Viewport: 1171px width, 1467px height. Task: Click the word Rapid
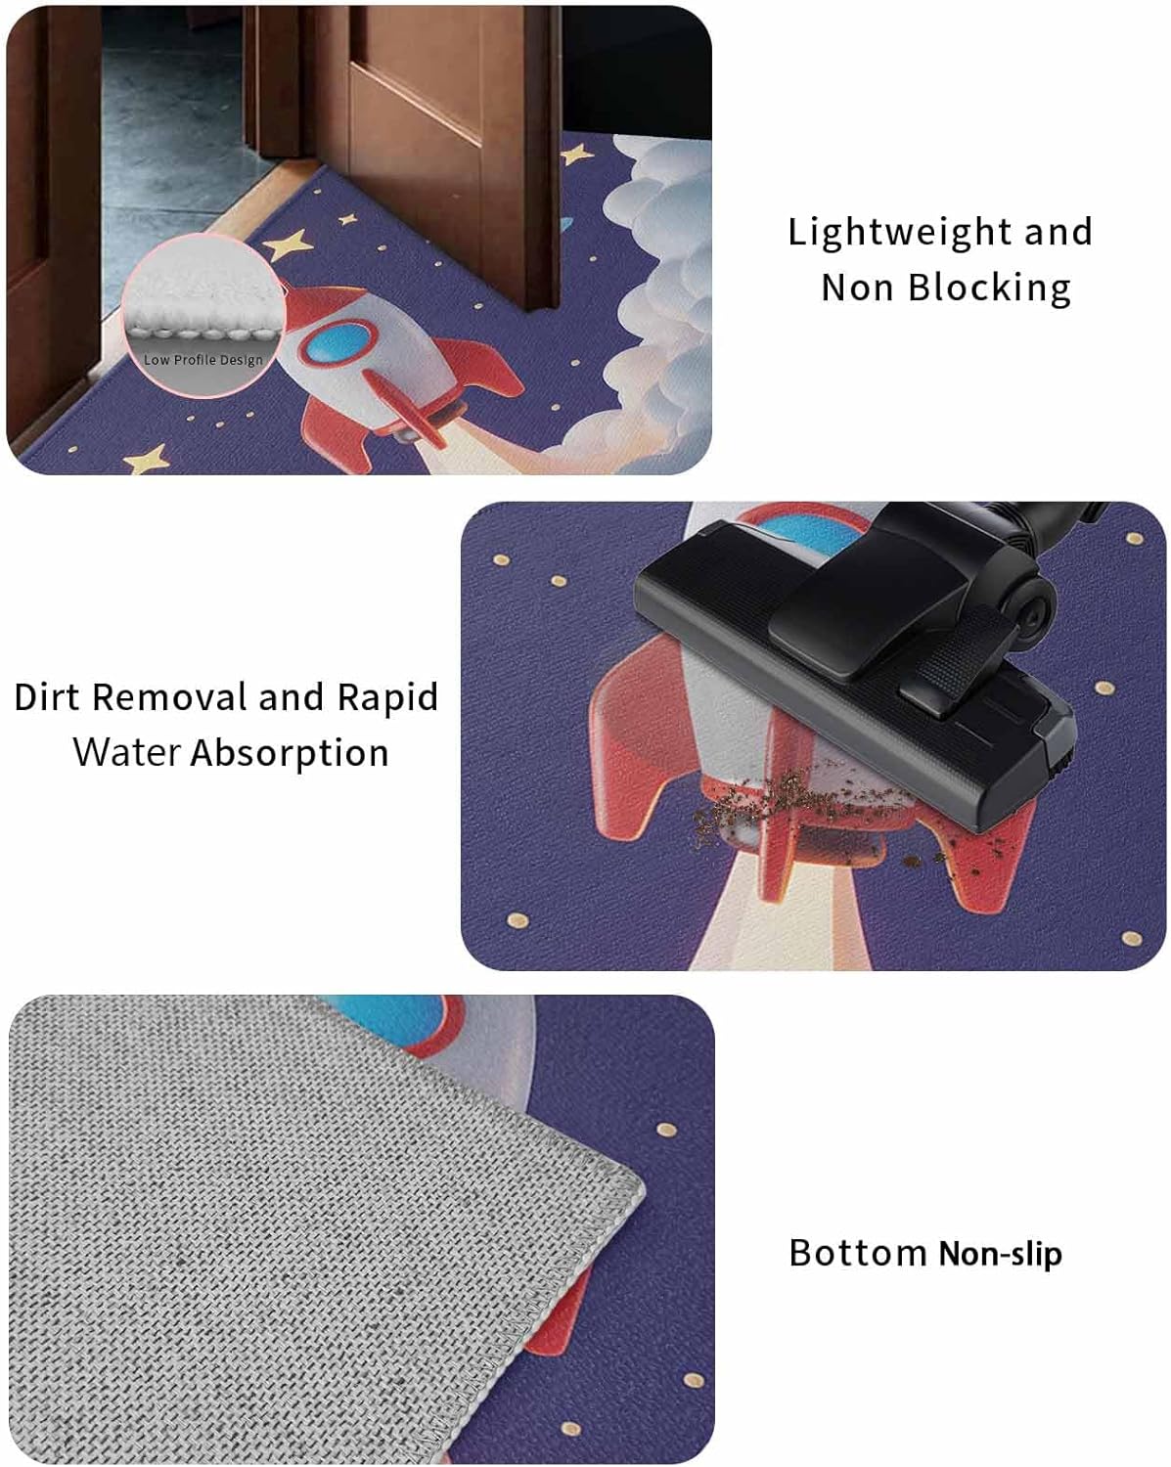click(387, 698)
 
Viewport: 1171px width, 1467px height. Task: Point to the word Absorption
click(290, 754)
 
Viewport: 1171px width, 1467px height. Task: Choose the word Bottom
click(857, 1253)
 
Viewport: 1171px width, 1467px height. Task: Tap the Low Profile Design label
click(203, 360)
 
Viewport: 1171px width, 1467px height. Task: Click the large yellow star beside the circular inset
click(288, 244)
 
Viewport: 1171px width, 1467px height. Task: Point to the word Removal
click(169, 697)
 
